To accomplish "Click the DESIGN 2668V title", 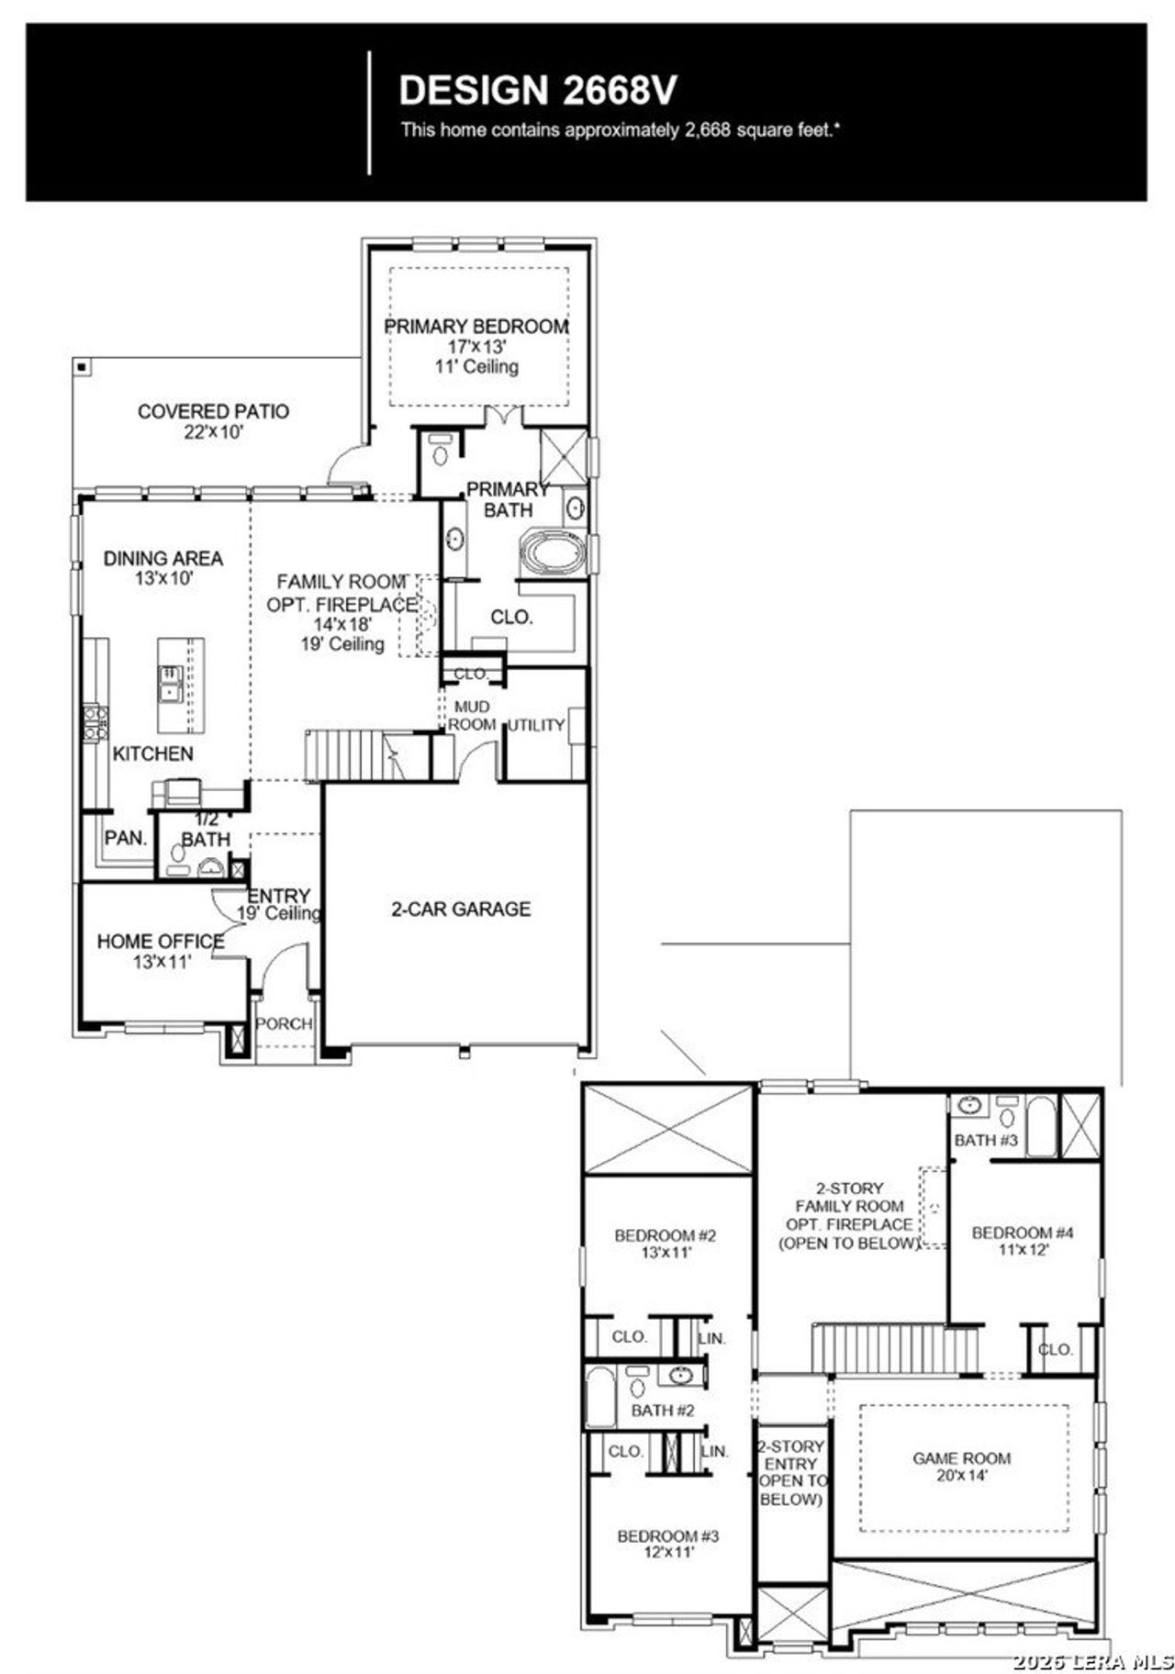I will coord(538,91).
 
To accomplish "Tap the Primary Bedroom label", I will coord(476,327).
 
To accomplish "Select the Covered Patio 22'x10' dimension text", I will coord(213,432).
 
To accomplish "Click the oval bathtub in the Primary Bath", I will coord(553,555).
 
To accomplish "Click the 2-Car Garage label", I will coord(461,909).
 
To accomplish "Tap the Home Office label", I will coord(161,942).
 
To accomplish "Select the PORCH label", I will coord(284,1023).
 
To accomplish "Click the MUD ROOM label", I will coord(472,716).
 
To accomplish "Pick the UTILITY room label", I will coord(536,725).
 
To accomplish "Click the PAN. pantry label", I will coord(126,838).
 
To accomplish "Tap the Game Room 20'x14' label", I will coord(961,1458).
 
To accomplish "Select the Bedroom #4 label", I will coord(1023,1233).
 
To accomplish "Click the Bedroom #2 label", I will coord(665,1235).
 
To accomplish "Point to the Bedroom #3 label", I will coord(667,1536).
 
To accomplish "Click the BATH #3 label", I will coord(986,1140).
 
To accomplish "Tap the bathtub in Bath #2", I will coord(599,1397).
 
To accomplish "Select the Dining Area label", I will coord(162,558).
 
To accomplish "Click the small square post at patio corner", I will coord(82,367).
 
